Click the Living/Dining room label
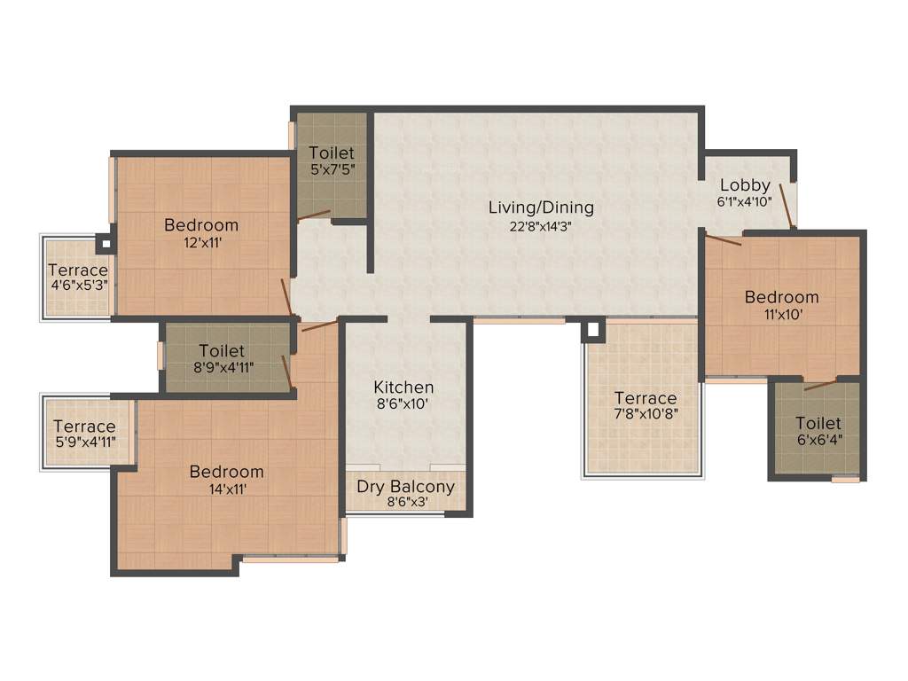point(541,207)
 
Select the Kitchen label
point(403,387)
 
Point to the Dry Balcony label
point(405,486)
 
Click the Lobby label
point(745,185)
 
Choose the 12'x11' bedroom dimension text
point(201,242)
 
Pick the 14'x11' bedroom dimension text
point(226,489)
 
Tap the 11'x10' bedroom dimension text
point(781,314)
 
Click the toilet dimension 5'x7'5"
point(332,169)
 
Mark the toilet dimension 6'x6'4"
point(818,440)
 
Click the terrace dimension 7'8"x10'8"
point(645,415)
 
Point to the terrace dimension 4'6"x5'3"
point(78,287)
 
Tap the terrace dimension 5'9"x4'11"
point(83,442)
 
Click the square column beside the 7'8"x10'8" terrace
point(592,331)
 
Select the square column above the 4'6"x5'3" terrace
point(104,240)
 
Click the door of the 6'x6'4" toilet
point(819,385)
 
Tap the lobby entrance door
point(786,206)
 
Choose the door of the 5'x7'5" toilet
point(314,215)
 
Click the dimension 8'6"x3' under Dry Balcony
point(405,503)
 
